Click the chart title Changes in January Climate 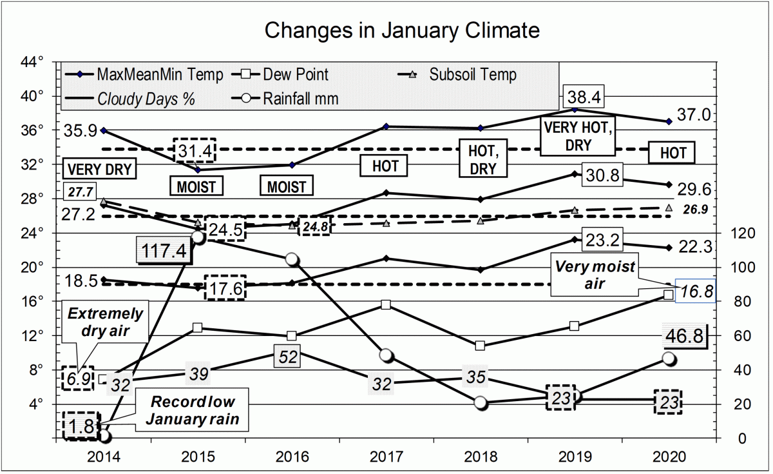point(402,30)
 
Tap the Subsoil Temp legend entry point(473,75)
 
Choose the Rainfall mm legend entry point(300,99)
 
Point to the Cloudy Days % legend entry point(146,99)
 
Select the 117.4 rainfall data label point(164,250)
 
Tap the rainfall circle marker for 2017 point(386,355)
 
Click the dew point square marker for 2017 point(386,304)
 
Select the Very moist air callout point(586,275)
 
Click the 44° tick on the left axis point(33,62)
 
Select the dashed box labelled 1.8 point(82,426)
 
